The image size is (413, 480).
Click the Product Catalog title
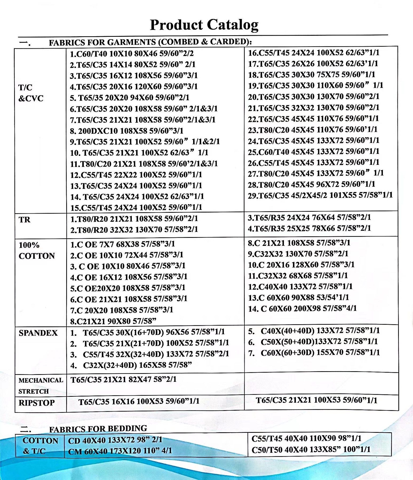[x=204, y=25]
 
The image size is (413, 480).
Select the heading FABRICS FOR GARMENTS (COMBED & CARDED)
[x=150, y=42]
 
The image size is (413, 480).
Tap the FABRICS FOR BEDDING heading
[x=98, y=429]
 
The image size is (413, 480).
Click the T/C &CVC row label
[x=30, y=93]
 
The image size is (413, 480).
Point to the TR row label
[x=25, y=220]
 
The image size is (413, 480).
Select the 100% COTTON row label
[x=37, y=250]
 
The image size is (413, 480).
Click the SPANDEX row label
[x=38, y=333]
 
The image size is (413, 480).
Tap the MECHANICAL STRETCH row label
[x=41, y=386]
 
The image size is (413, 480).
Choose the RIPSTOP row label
[x=37, y=403]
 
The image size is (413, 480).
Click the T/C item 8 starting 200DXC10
[x=127, y=131]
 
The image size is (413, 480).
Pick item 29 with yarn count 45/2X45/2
[x=320, y=195]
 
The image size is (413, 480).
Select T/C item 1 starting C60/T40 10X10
[x=132, y=54]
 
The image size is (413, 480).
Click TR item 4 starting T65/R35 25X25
[x=309, y=228]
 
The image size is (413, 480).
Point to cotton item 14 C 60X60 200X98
[x=302, y=309]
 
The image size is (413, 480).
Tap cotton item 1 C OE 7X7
[x=122, y=244]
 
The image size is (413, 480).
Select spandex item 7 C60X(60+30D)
[x=314, y=353]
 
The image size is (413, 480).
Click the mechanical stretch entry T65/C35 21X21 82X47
[x=123, y=379]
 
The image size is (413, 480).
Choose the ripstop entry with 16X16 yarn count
[x=139, y=401]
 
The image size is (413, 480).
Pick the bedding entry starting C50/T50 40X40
[x=311, y=450]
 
